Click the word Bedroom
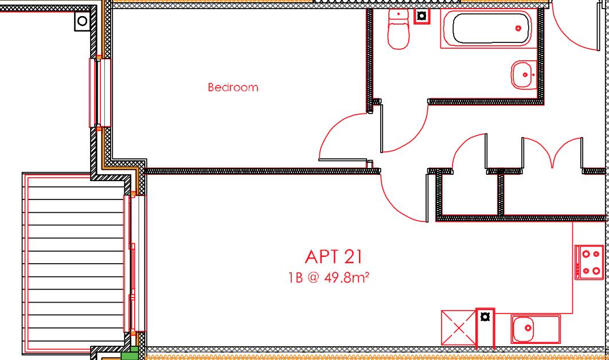click(x=233, y=88)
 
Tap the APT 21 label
click(x=334, y=257)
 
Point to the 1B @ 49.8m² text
click(x=328, y=278)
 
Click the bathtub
click(x=490, y=29)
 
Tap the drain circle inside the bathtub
click(x=518, y=28)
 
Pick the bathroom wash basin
click(x=523, y=75)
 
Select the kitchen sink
click(x=535, y=329)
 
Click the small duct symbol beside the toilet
click(x=422, y=16)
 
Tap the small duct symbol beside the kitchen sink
click(x=485, y=316)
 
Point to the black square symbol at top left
click(x=82, y=22)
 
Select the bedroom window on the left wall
click(x=100, y=92)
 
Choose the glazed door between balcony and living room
click(x=137, y=264)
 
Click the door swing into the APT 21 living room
click(x=401, y=198)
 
